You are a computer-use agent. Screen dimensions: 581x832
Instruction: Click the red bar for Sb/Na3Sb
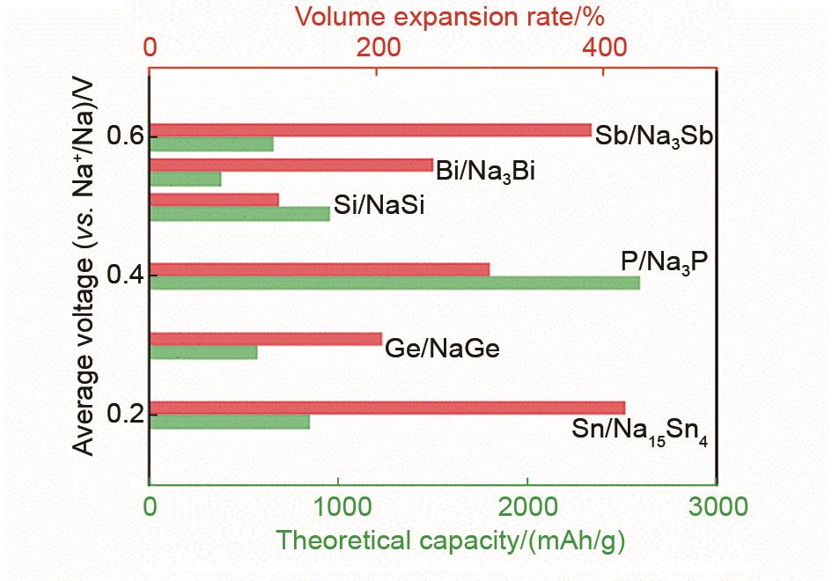[x=370, y=130]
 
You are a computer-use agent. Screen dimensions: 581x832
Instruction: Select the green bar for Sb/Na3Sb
[x=211, y=144]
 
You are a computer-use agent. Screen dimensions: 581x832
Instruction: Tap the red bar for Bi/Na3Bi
[x=291, y=165]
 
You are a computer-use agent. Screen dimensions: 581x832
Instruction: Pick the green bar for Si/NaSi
[x=239, y=214]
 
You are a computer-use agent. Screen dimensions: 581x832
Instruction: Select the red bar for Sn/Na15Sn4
[x=387, y=408]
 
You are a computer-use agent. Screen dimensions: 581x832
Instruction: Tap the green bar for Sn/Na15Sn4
[x=230, y=422]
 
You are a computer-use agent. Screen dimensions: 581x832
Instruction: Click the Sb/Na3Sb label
[x=652, y=136]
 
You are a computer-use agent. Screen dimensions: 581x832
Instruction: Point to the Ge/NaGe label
[x=442, y=349]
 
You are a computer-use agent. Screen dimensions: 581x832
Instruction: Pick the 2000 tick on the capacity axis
[x=527, y=507]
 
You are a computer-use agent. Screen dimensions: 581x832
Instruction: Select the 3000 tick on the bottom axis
[x=717, y=507]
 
